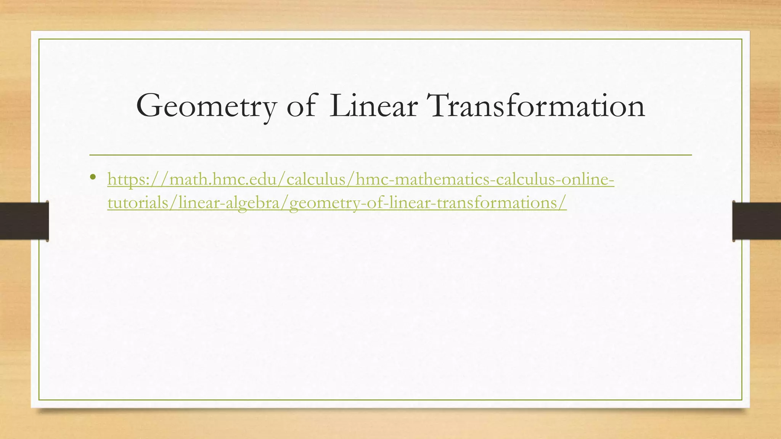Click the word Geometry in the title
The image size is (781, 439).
(x=206, y=106)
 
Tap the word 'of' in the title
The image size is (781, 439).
(x=301, y=106)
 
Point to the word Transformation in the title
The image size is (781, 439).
(x=536, y=106)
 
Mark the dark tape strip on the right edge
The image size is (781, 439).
(x=757, y=221)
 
